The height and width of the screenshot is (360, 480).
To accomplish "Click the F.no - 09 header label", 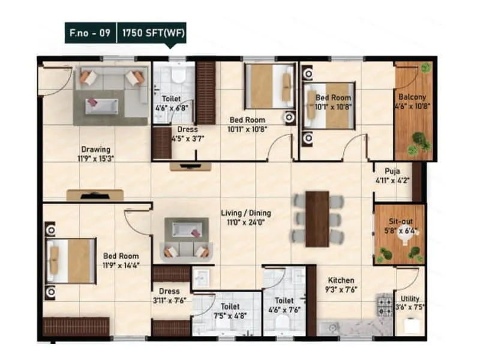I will coord(89,34).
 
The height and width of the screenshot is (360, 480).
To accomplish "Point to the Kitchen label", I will coord(341,280).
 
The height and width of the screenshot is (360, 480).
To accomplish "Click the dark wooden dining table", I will coord(317,218).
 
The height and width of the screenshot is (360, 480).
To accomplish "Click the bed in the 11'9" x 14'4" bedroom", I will coord(71,261).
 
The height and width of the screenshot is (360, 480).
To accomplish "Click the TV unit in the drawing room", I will coord(95,195).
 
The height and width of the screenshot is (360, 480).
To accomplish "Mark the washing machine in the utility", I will coord(410,325).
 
